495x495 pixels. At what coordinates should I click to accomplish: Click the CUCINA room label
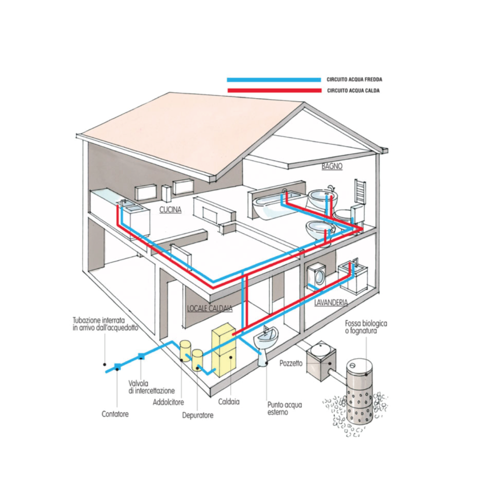170,209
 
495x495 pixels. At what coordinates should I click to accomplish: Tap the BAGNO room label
332,166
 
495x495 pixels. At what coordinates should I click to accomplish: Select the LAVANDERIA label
331,302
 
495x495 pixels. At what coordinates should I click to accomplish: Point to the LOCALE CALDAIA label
209,308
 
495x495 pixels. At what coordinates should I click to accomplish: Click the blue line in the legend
274,80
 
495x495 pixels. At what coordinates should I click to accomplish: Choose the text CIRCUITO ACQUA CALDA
353,91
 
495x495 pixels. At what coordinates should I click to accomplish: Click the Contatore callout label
115,414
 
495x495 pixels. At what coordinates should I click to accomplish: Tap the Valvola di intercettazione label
151,387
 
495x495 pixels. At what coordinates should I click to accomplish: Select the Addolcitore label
168,402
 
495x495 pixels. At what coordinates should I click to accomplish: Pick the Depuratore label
198,415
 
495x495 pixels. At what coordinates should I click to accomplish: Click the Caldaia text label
229,401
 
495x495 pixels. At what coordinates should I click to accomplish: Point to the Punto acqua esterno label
285,408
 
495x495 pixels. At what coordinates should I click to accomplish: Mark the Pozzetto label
291,363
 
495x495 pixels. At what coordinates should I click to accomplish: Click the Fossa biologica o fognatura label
366,327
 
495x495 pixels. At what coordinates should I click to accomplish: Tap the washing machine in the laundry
317,277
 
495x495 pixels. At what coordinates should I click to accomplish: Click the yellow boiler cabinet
224,350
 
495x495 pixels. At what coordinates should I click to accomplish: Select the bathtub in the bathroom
278,206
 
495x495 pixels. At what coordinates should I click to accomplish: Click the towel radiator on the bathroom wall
360,191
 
